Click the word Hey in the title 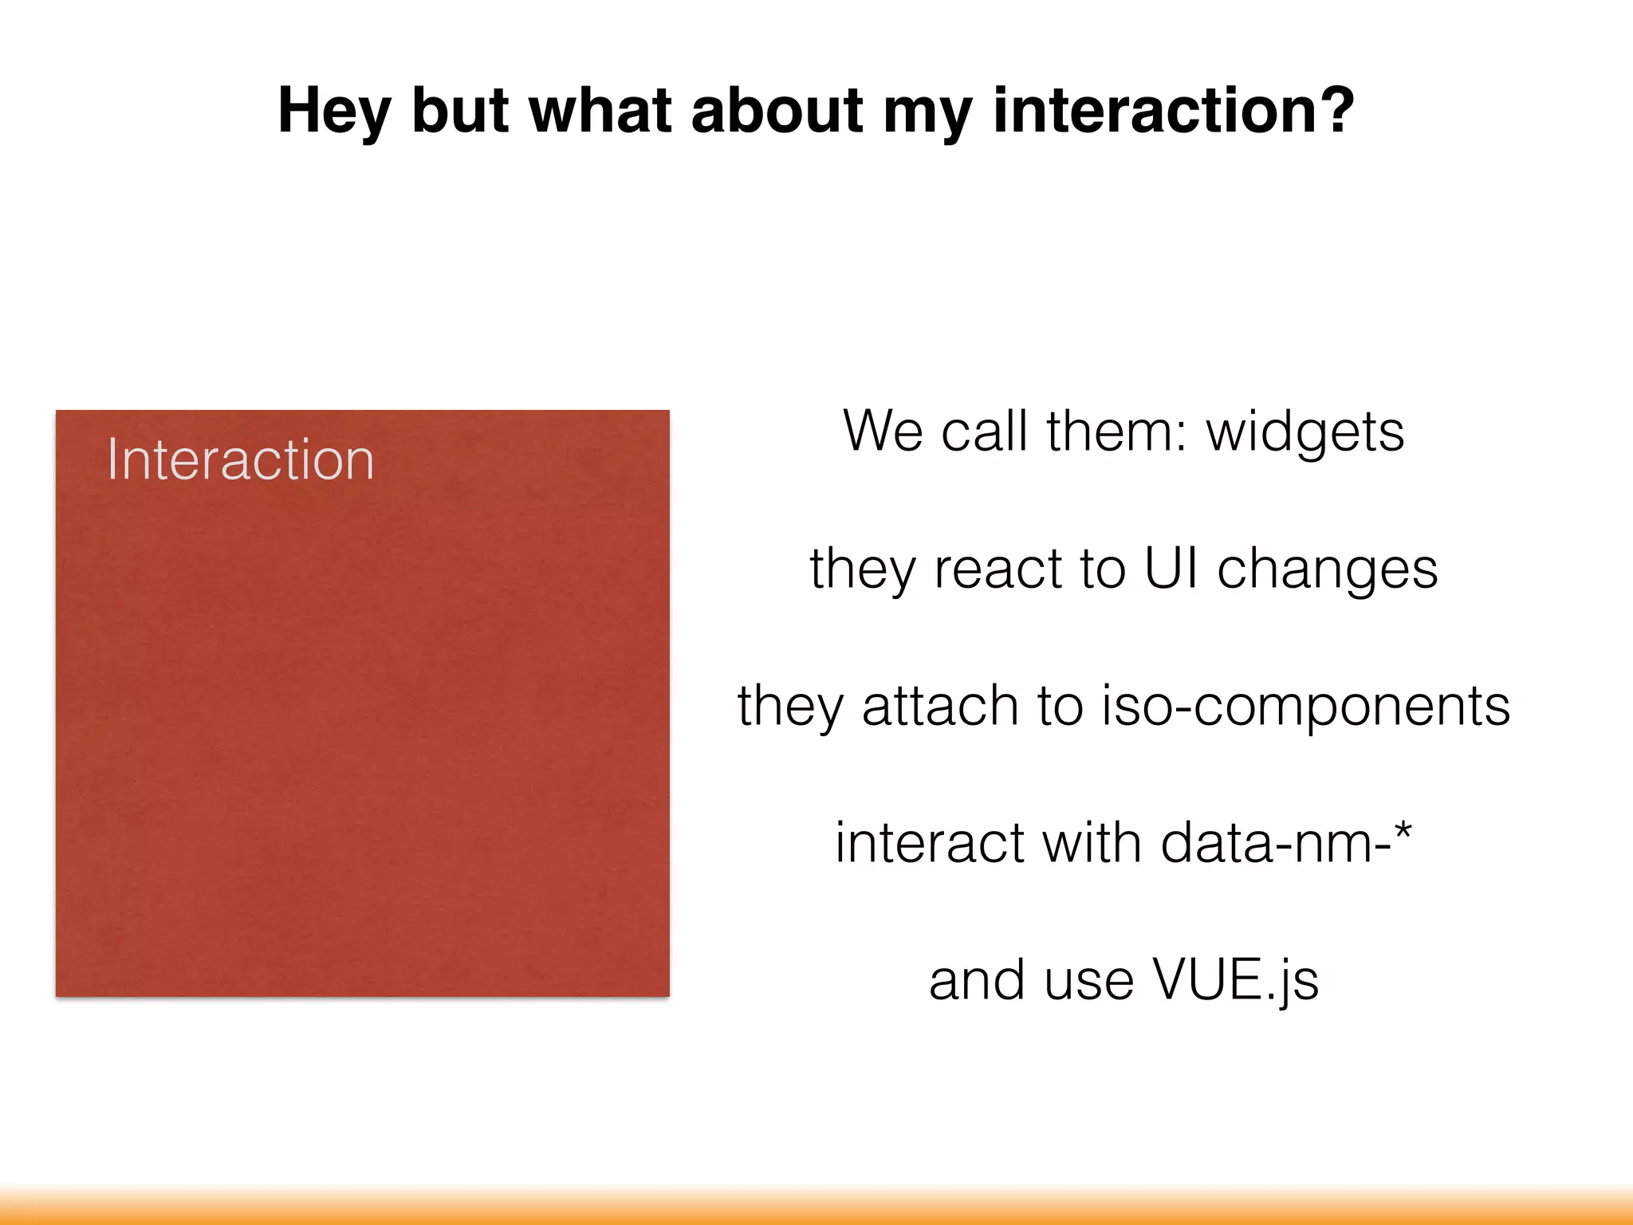[333, 112]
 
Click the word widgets [1304, 431]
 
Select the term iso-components [1305, 707]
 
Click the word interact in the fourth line [929, 843]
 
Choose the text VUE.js [1235, 980]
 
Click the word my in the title [927, 112]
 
